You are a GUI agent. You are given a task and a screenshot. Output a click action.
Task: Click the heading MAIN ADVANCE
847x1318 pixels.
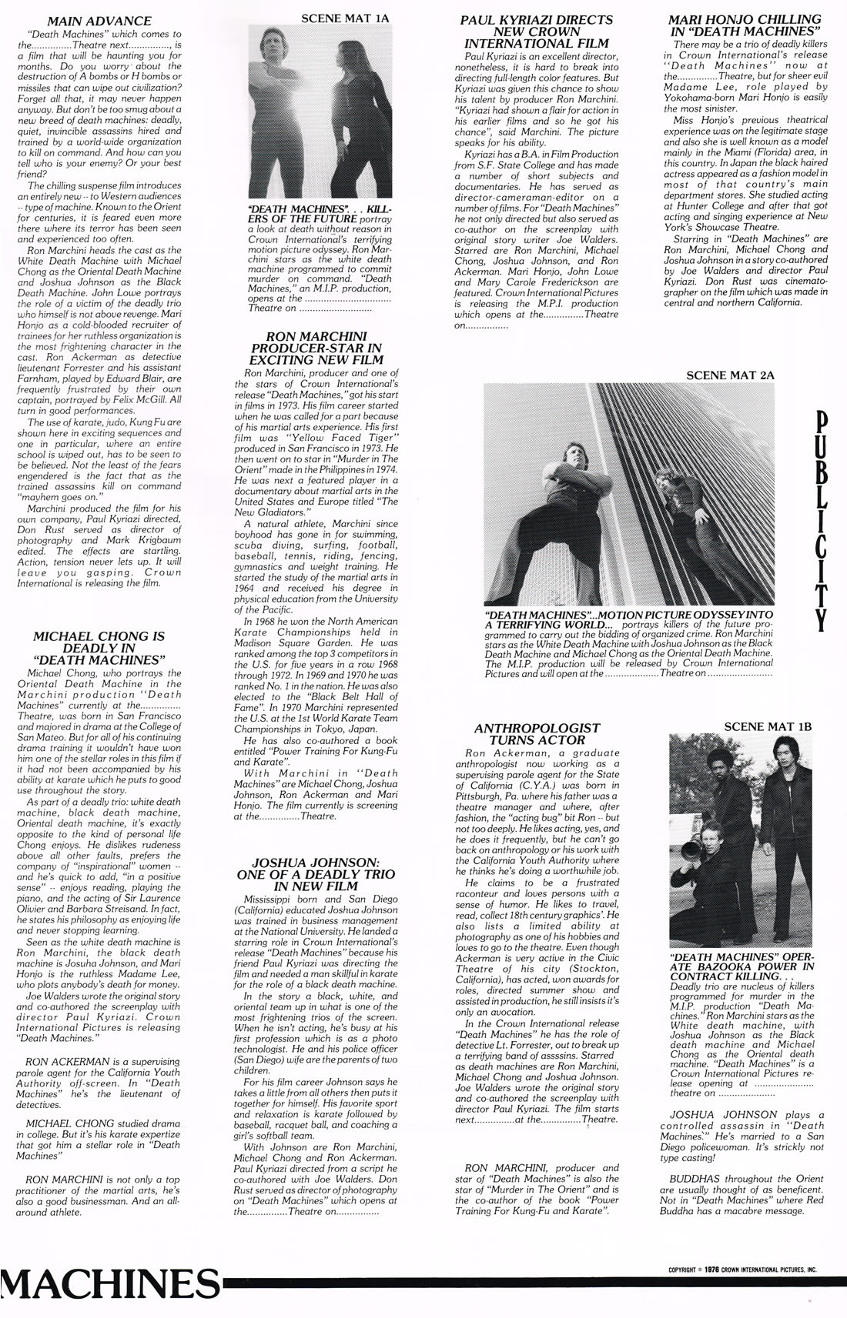tap(99, 21)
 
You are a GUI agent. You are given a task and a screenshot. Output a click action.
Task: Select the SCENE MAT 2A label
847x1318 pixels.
tap(730, 375)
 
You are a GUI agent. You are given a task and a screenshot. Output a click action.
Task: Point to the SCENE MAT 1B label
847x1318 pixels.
tap(768, 726)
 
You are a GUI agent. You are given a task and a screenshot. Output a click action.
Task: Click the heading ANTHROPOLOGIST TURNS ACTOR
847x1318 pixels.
tap(537, 733)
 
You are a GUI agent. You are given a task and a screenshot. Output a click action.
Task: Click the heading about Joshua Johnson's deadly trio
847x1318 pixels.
tap(320, 874)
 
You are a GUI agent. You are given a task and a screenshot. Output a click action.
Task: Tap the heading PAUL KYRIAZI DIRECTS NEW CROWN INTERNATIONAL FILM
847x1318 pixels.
tap(537, 31)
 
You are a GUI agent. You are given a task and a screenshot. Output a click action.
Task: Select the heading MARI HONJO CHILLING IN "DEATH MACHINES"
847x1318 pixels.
tap(744, 25)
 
